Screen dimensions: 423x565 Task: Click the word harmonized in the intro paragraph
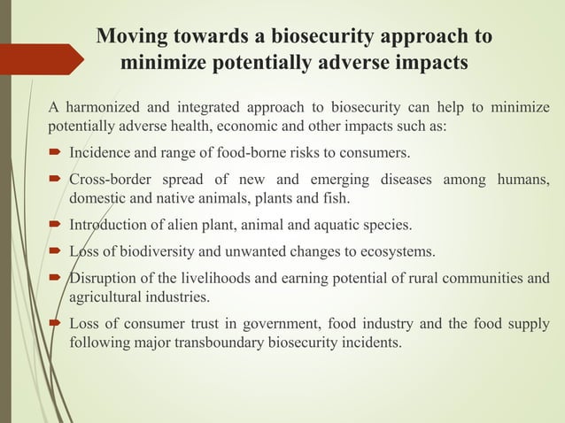[105, 109]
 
